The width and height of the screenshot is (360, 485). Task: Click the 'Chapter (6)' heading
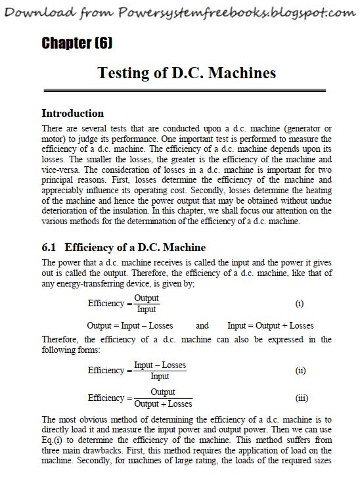coord(77,43)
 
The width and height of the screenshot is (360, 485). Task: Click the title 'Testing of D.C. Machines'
coord(186,72)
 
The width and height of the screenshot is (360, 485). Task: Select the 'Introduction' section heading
coord(72,113)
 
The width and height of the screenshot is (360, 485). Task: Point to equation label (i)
coord(300,304)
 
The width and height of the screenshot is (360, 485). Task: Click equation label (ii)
coord(300,371)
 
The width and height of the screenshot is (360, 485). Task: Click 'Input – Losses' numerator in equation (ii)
coord(160,365)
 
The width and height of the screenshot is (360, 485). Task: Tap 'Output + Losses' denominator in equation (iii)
coord(163,404)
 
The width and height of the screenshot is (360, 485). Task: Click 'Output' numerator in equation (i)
coord(146,298)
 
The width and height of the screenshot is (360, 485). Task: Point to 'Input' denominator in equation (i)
coord(146,310)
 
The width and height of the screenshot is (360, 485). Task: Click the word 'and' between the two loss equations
coord(202,325)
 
